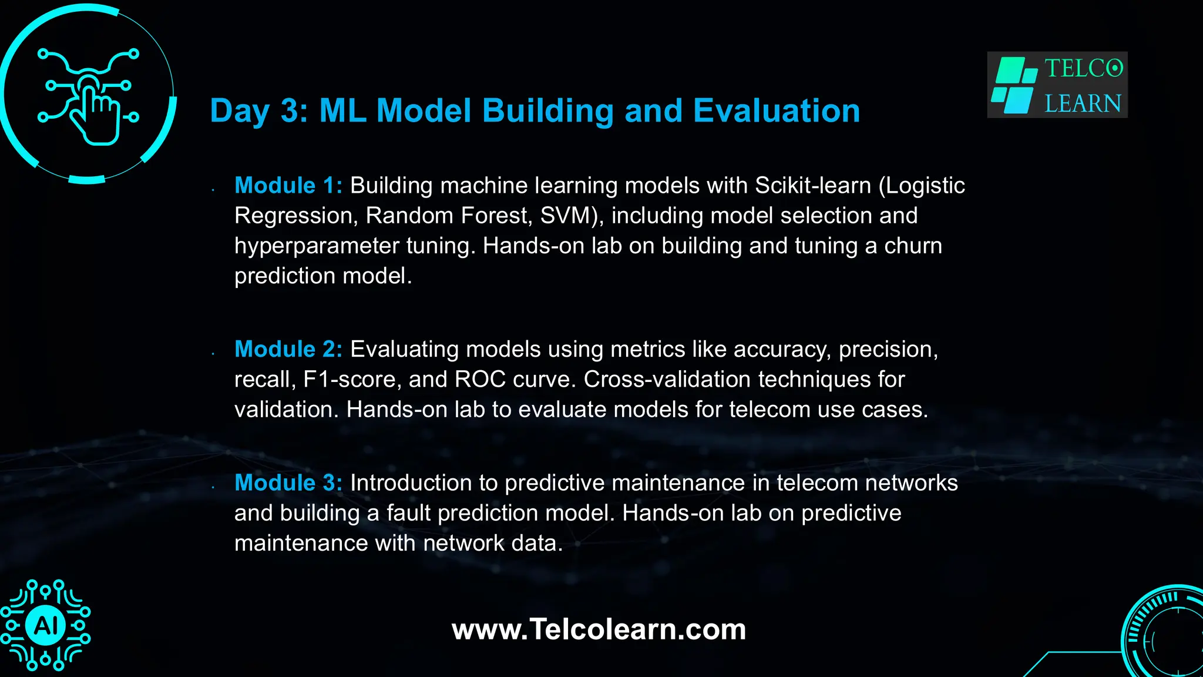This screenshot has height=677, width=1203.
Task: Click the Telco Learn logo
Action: pyautogui.click(x=1057, y=85)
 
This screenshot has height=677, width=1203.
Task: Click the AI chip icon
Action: pyautogui.click(x=46, y=625)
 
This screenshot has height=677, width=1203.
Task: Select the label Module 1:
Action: pyautogui.click(x=288, y=186)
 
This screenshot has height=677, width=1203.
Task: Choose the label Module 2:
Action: pyautogui.click(x=288, y=350)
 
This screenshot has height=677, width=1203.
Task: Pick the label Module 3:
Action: pyautogui.click(x=288, y=483)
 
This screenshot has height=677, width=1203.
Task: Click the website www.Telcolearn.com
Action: pyautogui.click(x=599, y=629)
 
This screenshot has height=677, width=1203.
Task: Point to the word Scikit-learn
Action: pyautogui.click(x=812, y=186)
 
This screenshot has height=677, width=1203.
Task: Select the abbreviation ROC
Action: pyautogui.click(x=480, y=380)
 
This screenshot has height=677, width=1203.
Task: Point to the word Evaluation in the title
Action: pyautogui.click(x=776, y=110)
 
